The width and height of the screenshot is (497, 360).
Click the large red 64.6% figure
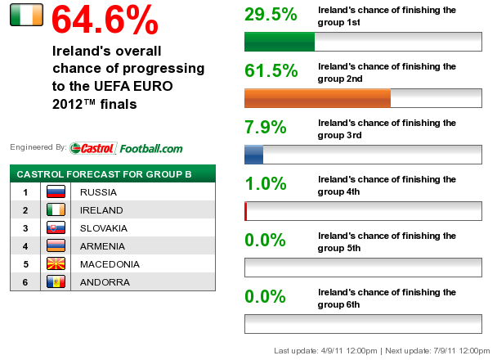[x=105, y=20]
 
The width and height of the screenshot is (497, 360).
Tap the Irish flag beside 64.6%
[x=27, y=15]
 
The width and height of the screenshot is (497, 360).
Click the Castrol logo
[x=93, y=148]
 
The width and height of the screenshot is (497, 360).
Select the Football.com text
[x=151, y=148]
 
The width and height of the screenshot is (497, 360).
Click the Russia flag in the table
[x=56, y=191]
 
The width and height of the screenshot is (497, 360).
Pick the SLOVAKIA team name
[x=104, y=228]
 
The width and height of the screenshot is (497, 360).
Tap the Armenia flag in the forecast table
[x=56, y=245]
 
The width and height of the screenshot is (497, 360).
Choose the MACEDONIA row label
[x=110, y=264]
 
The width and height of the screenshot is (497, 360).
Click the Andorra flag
[x=56, y=281]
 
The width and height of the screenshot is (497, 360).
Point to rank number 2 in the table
[x=25, y=210]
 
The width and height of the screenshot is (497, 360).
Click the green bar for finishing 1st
[x=280, y=42]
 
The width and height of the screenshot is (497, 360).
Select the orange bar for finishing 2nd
[x=318, y=98]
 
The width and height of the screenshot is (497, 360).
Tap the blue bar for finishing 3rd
[x=254, y=155]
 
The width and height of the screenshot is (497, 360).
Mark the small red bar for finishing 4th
[x=246, y=211]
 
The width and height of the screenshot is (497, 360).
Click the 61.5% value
[x=271, y=70]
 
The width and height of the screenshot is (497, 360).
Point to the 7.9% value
[x=266, y=127]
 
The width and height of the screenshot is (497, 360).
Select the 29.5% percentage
[x=271, y=14]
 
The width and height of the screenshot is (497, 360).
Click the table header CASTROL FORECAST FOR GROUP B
[x=104, y=174]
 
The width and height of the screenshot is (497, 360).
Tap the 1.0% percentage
[x=266, y=183]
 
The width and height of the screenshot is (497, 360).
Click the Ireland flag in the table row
[x=56, y=209]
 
